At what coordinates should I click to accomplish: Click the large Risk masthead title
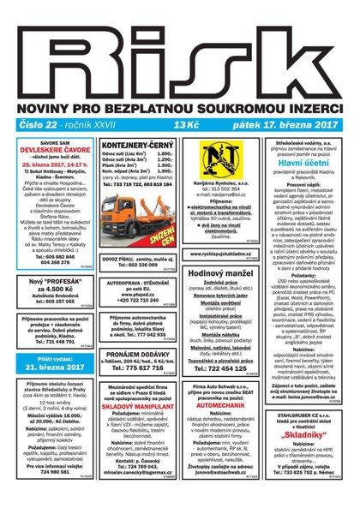coord(179,43)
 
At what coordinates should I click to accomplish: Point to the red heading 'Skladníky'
coord(311,434)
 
